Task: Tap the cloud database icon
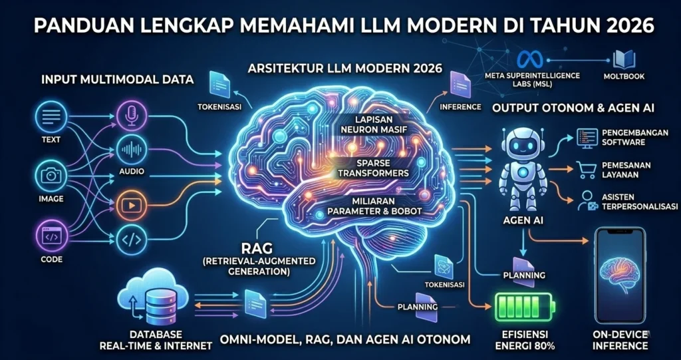151,297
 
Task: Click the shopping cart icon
586,170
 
